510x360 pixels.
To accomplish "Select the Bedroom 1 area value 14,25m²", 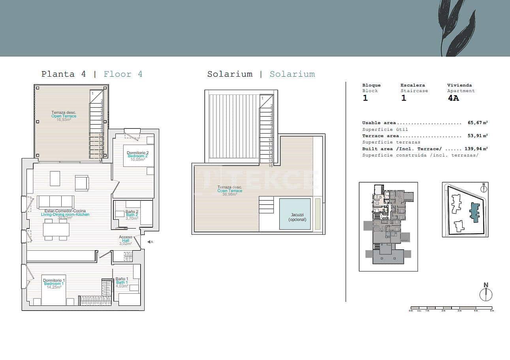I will [x=53, y=287].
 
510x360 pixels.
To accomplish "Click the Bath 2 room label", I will [x=132, y=215].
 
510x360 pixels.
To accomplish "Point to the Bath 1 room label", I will [x=122, y=283].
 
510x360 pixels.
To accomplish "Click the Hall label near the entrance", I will [x=126, y=241].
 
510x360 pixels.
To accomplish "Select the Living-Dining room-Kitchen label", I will [x=65, y=215].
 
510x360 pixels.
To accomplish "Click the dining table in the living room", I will [x=56, y=230].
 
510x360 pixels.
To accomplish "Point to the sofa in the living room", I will [x=55, y=202].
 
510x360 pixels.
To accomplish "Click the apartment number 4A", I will [x=453, y=98].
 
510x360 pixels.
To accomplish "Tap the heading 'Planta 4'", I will [x=64, y=74].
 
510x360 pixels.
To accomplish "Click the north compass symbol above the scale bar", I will [x=486, y=294].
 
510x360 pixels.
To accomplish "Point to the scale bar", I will [x=451, y=308].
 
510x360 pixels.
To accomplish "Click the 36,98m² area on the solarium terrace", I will [x=230, y=194].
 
